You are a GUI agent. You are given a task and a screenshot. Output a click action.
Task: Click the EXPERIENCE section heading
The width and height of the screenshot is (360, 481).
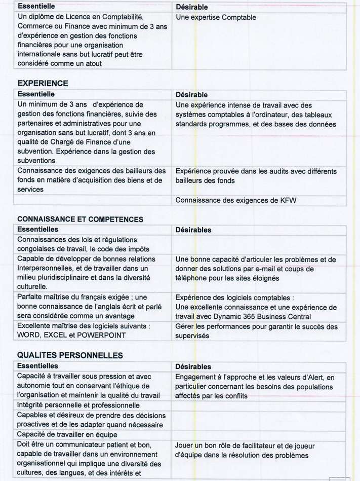43,83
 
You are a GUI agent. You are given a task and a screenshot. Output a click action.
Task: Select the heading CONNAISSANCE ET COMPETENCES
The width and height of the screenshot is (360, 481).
80,219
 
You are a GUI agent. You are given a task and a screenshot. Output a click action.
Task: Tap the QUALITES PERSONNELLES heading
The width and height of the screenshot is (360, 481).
70,355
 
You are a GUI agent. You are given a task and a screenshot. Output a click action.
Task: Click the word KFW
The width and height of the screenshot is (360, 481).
289,200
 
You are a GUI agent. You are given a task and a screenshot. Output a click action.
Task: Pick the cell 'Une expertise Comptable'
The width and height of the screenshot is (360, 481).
216,17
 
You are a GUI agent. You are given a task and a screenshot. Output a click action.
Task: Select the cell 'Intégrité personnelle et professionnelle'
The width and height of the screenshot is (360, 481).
78,405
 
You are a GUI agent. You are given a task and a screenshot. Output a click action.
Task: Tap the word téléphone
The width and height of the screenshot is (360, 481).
192,278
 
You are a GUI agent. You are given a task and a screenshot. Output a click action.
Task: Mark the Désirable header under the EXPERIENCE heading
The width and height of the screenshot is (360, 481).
191,95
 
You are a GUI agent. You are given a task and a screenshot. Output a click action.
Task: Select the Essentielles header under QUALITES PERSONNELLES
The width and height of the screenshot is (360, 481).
37,366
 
